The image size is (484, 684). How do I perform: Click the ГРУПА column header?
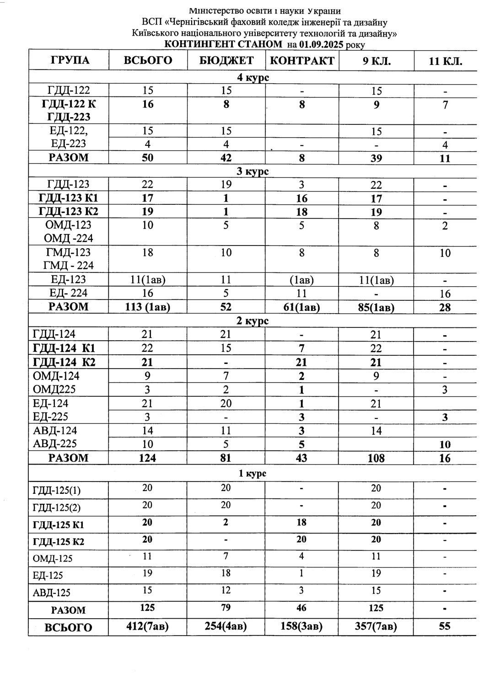[x=69, y=60]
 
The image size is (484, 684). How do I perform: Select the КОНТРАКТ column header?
[x=302, y=60]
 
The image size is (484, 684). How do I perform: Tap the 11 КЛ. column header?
[x=445, y=61]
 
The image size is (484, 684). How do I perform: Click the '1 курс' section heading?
[x=253, y=474]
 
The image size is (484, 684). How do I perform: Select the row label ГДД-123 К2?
[x=69, y=212]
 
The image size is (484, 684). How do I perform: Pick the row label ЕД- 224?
[x=69, y=293]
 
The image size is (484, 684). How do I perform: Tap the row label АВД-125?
[x=52, y=593]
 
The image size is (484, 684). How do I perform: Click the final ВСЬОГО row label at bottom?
[x=68, y=627]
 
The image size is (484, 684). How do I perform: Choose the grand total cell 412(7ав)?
[x=147, y=626]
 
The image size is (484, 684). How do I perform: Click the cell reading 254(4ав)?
[x=226, y=626]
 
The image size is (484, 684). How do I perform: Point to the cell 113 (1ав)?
[x=147, y=307]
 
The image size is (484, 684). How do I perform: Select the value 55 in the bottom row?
[x=445, y=626]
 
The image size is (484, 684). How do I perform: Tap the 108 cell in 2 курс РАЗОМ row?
[x=376, y=458]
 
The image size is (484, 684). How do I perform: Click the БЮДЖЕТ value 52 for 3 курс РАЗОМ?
[x=226, y=307]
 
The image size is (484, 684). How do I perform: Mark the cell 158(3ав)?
[x=301, y=626]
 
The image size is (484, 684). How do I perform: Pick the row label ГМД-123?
[x=69, y=252]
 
